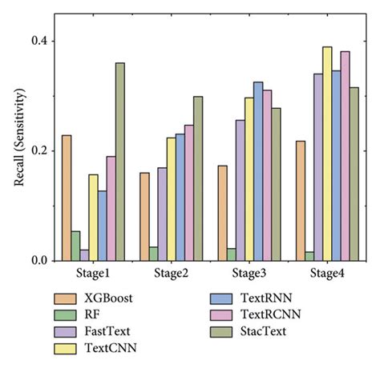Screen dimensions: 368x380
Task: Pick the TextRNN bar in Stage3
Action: point(258,171)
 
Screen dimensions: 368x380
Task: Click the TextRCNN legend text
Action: point(270,315)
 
